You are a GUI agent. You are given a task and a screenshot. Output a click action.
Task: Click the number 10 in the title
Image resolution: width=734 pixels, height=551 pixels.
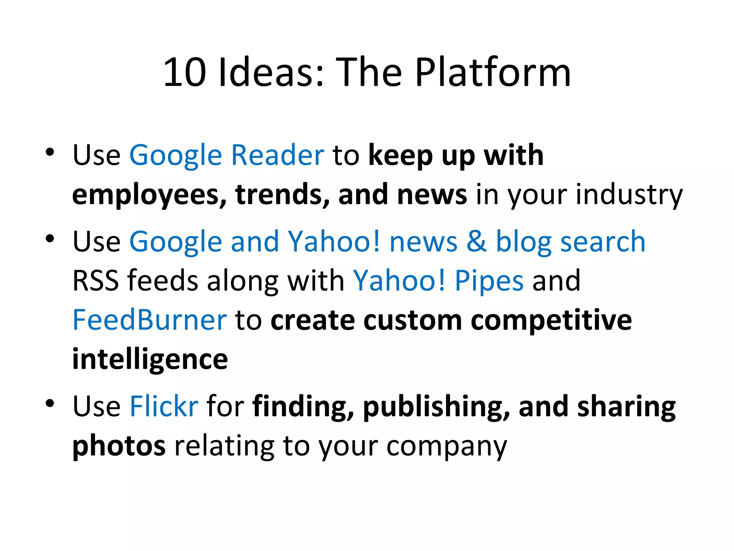pos(185,73)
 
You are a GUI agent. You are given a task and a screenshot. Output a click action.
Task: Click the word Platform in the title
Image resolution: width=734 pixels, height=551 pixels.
pos(493,73)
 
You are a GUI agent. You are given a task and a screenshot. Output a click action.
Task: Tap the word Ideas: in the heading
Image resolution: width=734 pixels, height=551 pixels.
pos(271,73)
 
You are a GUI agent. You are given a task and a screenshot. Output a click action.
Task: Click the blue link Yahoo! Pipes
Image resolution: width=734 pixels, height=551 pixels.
pos(438,281)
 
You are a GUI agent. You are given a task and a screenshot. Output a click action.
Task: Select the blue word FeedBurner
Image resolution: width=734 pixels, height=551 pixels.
pos(149,320)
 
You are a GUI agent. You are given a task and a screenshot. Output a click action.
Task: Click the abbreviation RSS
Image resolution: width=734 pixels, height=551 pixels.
pos(96,281)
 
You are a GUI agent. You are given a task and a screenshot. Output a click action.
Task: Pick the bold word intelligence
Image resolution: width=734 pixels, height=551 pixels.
pos(150,360)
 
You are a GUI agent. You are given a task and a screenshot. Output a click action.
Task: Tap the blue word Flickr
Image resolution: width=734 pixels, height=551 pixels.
pos(164,406)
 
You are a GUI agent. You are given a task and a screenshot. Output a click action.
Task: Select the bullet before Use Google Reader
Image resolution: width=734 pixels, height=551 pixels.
pos(50,152)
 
